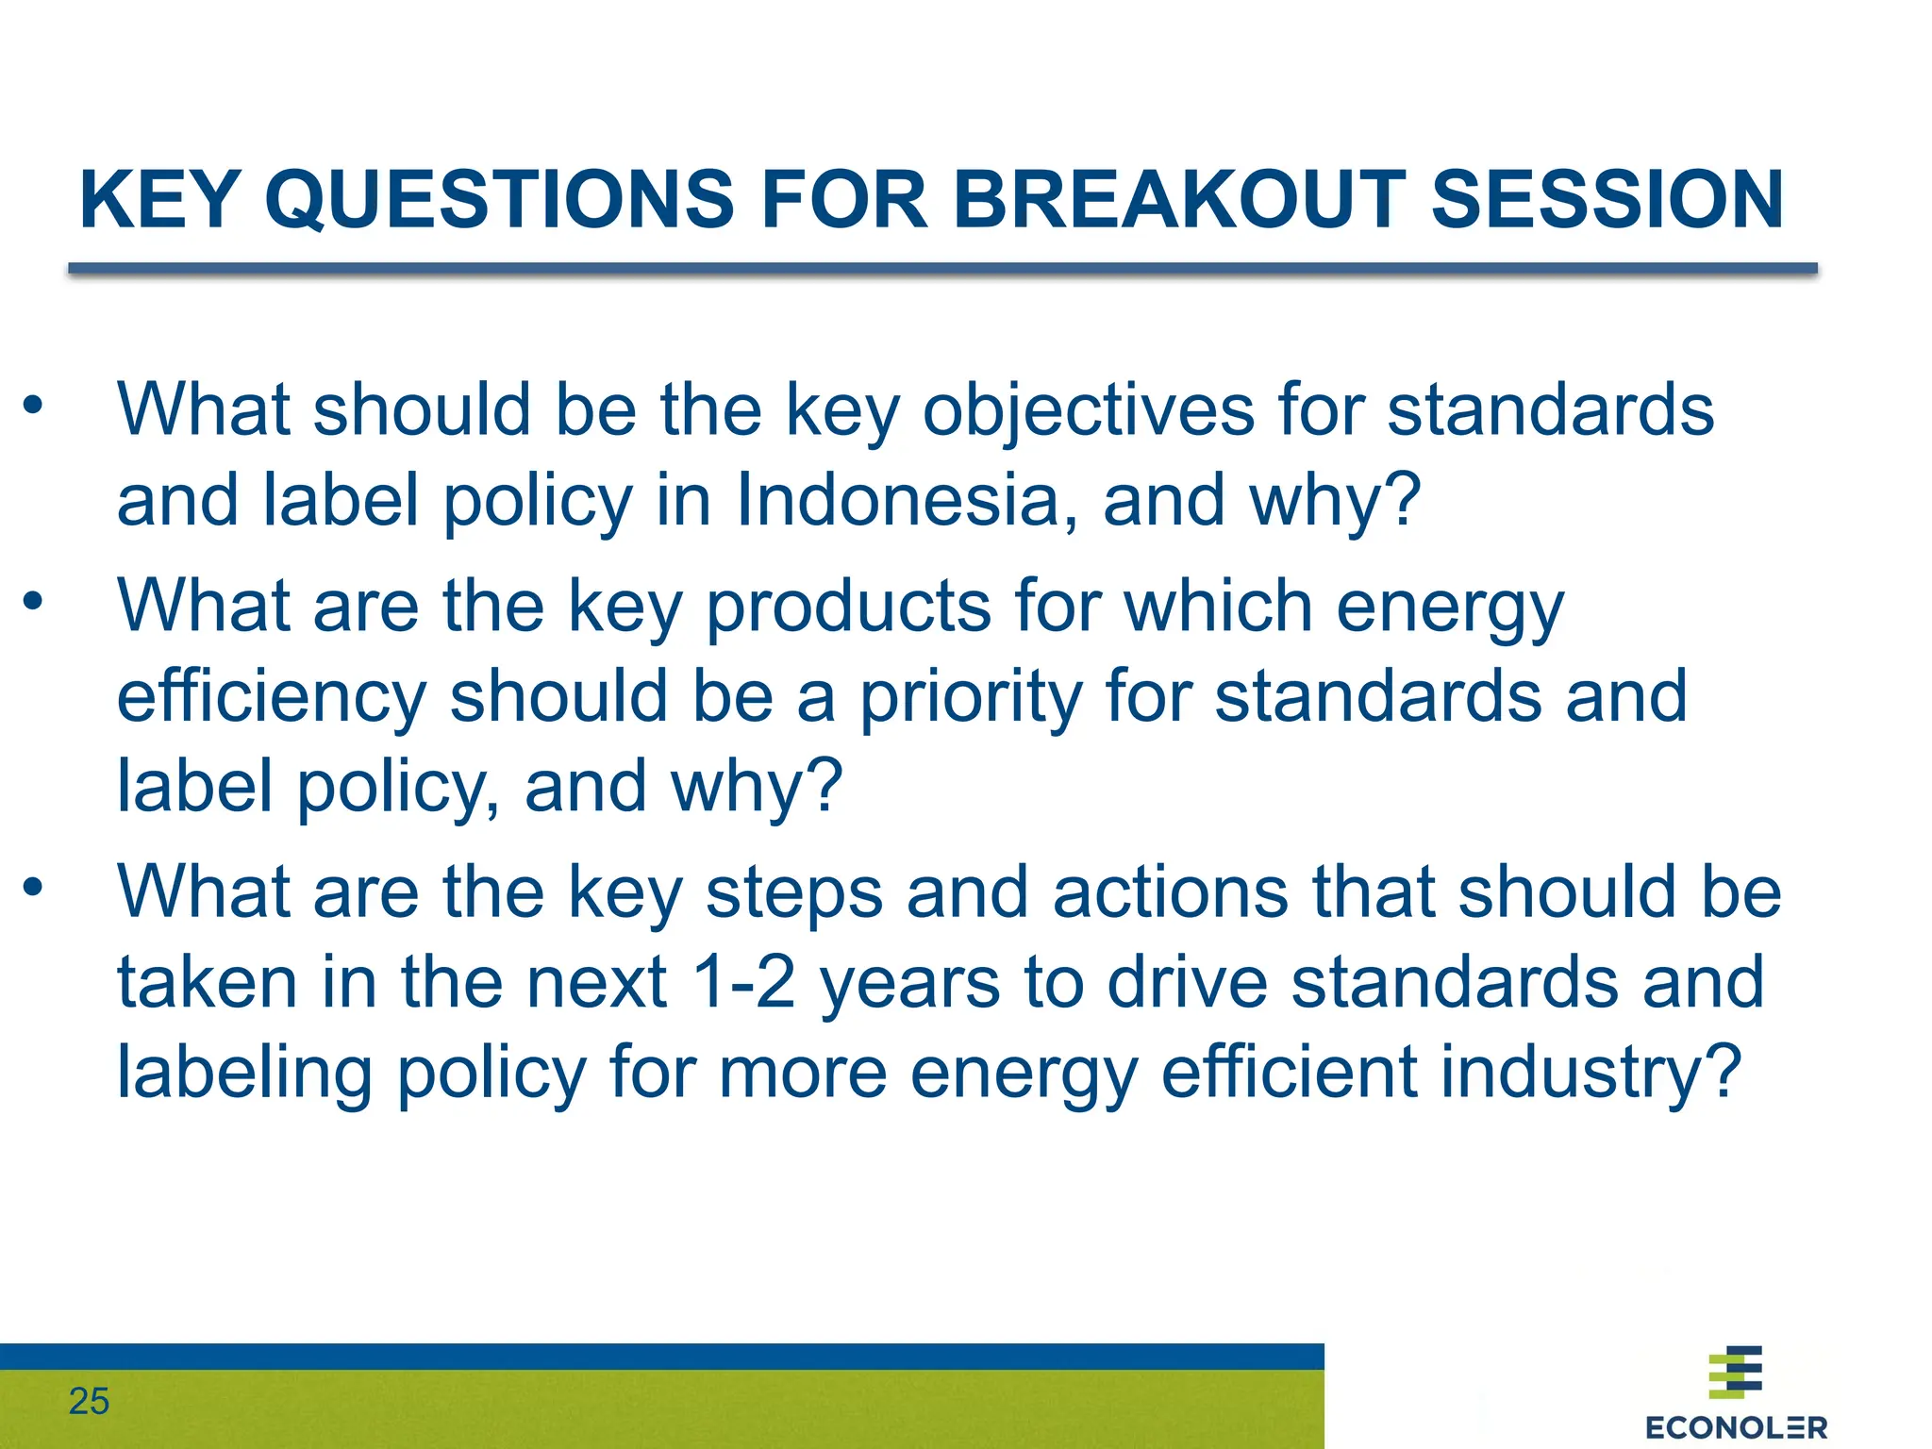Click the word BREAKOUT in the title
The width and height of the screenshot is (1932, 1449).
point(1179,200)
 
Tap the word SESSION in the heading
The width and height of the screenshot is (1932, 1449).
point(1607,200)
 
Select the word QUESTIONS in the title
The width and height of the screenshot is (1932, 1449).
point(499,200)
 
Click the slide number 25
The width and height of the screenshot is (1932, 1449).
point(89,1402)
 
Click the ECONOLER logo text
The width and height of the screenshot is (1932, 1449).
point(1736,1427)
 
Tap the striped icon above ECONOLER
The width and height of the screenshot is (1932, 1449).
point(1736,1372)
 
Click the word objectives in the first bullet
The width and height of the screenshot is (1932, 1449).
point(1088,410)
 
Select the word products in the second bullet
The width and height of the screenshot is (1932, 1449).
point(848,607)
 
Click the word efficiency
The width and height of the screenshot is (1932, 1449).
point(272,697)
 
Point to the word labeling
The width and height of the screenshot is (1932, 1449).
point(243,1074)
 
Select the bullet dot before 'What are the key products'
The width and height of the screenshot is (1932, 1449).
point(34,601)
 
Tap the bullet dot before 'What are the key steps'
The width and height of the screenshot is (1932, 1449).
point(34,887)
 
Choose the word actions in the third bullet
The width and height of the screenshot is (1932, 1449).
point(1171,892)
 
